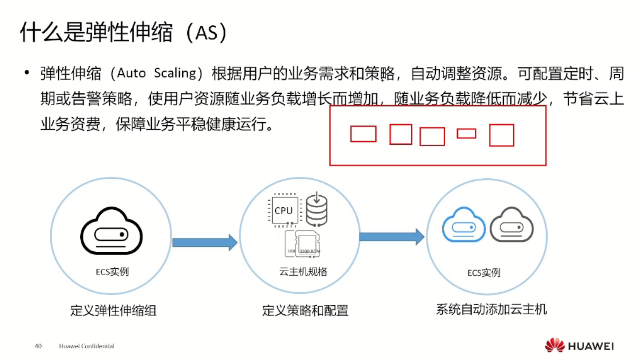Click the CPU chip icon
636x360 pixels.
tap(284, 210)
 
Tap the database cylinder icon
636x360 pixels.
tap(317, 210)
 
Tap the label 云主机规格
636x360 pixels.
tap(303, 272)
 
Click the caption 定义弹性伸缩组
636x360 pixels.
tap(113, 310)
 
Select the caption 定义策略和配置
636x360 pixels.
tap(305, 310)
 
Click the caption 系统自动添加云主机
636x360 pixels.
tap(491, 309)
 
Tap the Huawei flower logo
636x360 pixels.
tap(554, 346)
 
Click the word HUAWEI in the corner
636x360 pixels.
tap(591, 346)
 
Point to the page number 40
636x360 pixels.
tap(38, 346)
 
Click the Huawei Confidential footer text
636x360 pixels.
tap(87, 346)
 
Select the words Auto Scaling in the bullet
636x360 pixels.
tap(156, 73)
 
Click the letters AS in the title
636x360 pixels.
tap(206, 33)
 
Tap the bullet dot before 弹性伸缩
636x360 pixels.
tap(27, 73)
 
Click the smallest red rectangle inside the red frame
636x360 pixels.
tap(466, 134)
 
